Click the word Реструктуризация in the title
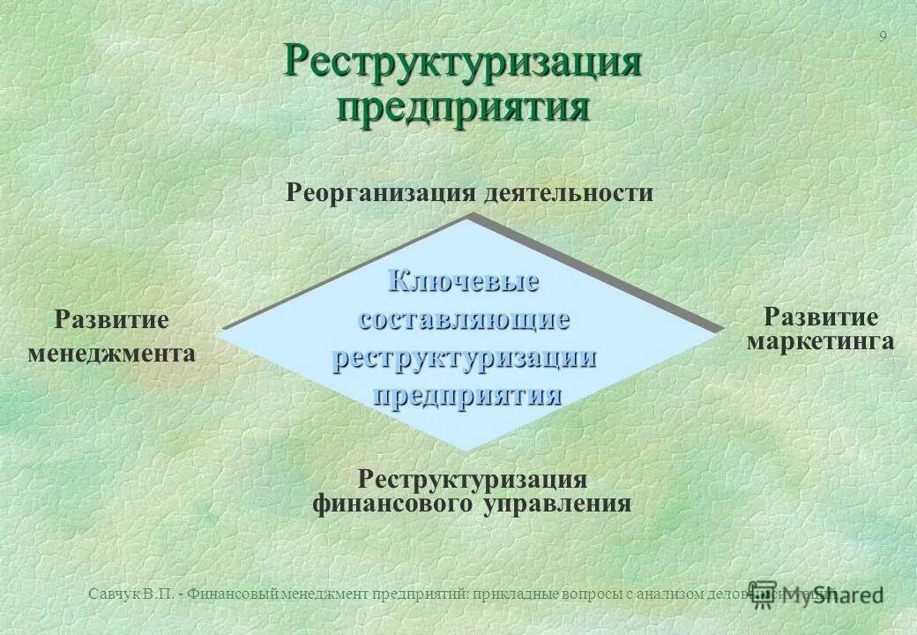pyautogui.click(x=462, y=63)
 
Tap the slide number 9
pyautogui.click(x=883, y=36)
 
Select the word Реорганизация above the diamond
pyautogui.click(x=382, y=192)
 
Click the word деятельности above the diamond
pyautogui.click(x=569, y=192)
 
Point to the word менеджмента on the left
pyautogui.click(x=112, y=354)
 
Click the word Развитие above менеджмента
pyautogui.click(x=112, y=319)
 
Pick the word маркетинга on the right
pyautogui.click(x=821, y=341)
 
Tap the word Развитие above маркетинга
pyautogui.click(x=821, y=317)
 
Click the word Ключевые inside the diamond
pyautogui.click(x=465, y=282)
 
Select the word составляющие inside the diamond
pyautogui.click(x=465, y=319)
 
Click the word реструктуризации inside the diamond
pyautogui.click(x=465, y=357)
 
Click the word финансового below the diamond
pyautogui.click(x=395, y=504)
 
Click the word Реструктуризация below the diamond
pyautogui.click(x=473, y=480)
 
